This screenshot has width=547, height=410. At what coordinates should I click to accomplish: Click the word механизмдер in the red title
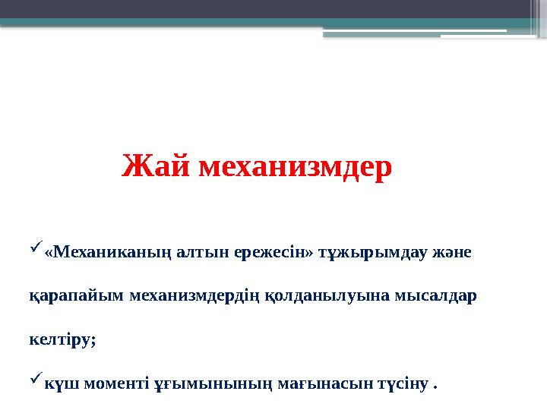pos(296,166)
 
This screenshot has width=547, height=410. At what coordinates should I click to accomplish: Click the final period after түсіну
pos(435,386)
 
